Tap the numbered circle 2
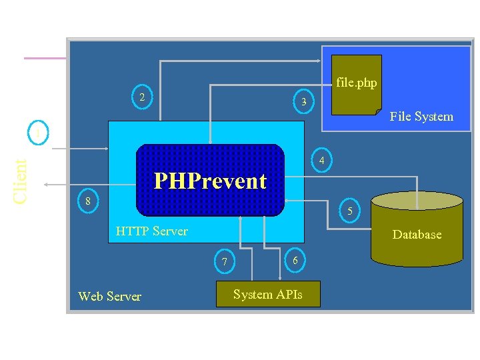[x=141, y=97]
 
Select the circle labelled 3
[x=303, y=102]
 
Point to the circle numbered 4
[x=322, y=161]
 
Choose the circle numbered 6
[x=295, y=260]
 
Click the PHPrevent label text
[x=210, y=181]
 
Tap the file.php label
[x=356, y=83]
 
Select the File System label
[x=421, y=117]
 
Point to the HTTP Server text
[x=151, y=231]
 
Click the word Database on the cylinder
[x=417, y=234]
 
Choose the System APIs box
[x=268, y=294]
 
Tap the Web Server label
[x=109, y=296]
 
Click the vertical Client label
[x=20, y=181]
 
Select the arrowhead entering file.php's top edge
[x=331, y=61]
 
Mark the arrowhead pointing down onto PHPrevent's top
[x=210, y=141]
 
